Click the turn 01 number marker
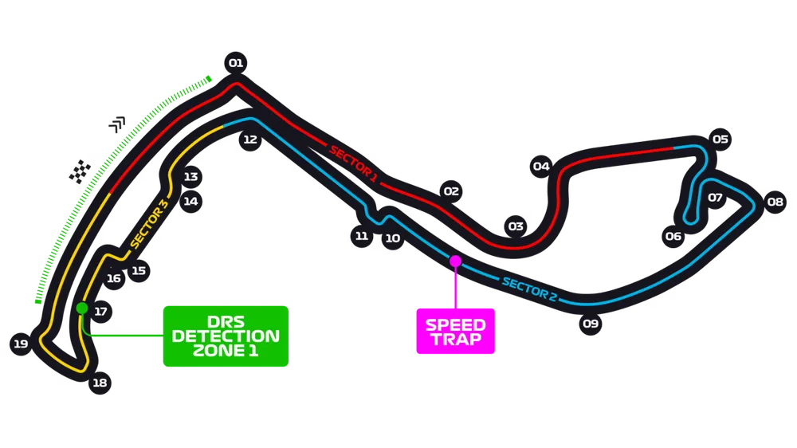click(235, 63)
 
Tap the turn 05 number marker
click(720, 140)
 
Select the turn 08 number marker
click(775, 202)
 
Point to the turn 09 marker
click(590, 324)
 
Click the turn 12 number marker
click(250, 140)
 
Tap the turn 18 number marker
click(99, 383)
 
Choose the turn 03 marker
click(516, 226)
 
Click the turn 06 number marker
click(673, 236)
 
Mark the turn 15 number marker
click(139, 271)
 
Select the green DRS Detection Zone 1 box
click(226, 336)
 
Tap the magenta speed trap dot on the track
click(455, 261)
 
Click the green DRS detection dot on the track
click(80, 308)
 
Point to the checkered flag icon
click(79, 171)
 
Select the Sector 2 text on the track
click(529, 288)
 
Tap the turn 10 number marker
click(392, 238)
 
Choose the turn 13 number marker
click(190, 177)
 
